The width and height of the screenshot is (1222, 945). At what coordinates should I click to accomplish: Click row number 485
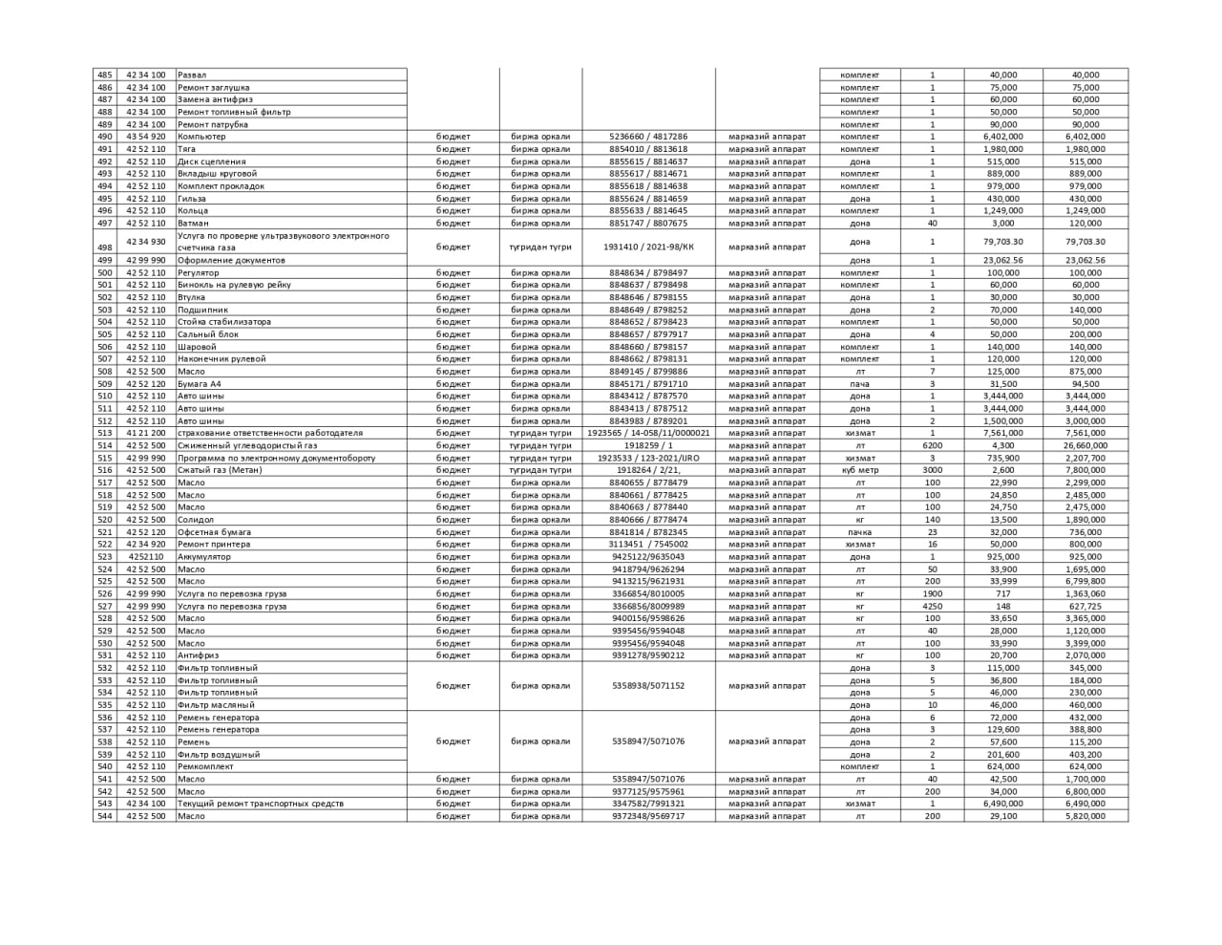(104, 75)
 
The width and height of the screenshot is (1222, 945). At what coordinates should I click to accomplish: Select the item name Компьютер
(201, 137)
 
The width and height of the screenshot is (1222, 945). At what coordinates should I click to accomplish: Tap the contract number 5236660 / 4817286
(648, 137)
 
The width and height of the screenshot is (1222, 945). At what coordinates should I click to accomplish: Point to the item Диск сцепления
(211, 161)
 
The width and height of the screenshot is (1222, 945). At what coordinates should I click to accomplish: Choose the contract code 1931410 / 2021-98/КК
(648, 247)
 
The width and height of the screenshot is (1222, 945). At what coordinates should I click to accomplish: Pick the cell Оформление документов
(231, 260)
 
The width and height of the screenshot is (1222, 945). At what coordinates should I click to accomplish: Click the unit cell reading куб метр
(859, 470)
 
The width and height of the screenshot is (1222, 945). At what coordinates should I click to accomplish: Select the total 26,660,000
(1085, 445)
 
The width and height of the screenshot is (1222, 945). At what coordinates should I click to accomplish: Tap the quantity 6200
(932, 445)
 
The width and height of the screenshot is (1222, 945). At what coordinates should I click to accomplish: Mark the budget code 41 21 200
(145, 433)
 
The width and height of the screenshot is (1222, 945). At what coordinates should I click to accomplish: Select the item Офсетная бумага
(215, 532)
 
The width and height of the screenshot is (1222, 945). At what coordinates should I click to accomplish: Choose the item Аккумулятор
(204, 557)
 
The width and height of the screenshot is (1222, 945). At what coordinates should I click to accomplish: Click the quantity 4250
(932, 606)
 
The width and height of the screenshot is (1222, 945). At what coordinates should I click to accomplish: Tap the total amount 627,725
(1085, 606)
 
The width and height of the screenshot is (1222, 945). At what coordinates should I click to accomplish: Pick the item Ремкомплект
(205, 766)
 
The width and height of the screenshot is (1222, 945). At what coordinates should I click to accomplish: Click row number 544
(104, 816)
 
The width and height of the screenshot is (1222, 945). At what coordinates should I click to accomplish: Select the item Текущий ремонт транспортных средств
(261, 804)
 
